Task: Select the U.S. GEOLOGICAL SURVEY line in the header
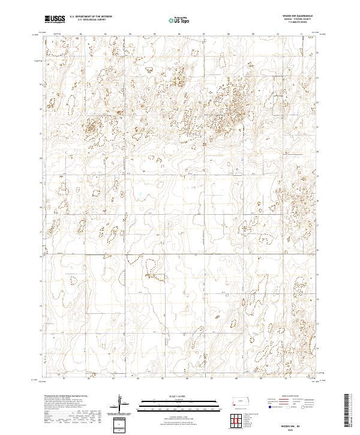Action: (x=88, y=20)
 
